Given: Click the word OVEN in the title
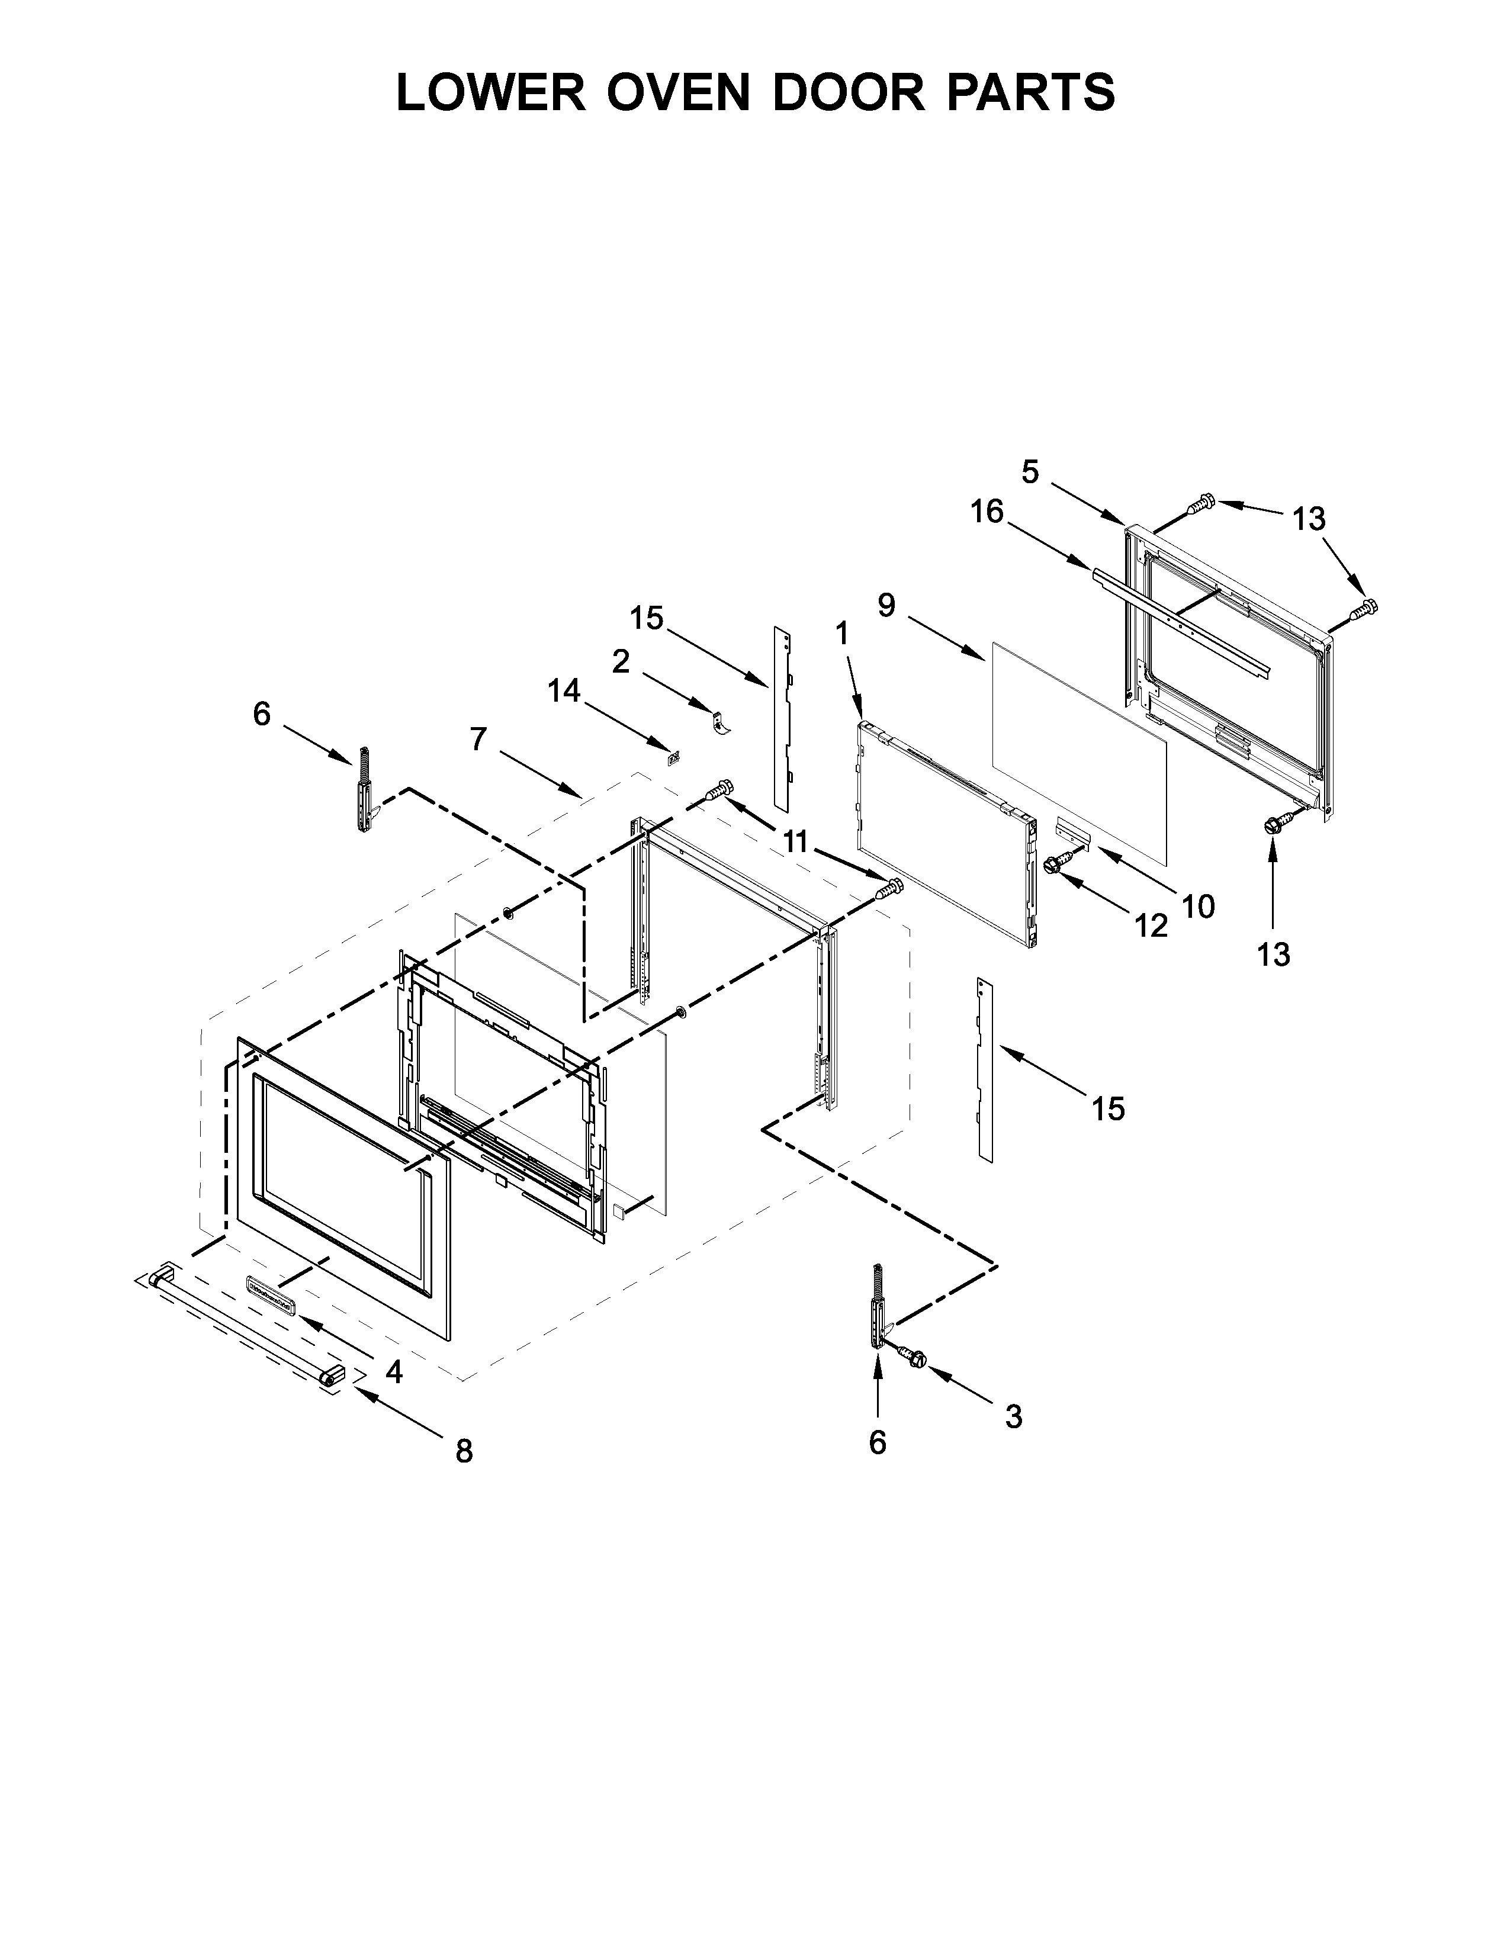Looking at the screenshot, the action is click(679, 92).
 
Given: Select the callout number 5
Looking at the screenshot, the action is click(1030, 471).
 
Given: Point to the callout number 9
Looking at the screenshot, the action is click(886, 606).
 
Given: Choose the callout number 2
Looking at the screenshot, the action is click(621, 661).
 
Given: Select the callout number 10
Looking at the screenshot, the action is click(1198, 907).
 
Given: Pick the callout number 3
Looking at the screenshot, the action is click(1014, 1416).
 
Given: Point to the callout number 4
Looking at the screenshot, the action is click(394, 1371).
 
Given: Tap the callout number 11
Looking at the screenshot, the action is click(795, 841).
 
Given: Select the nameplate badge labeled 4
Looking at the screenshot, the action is click(270, 1297).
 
